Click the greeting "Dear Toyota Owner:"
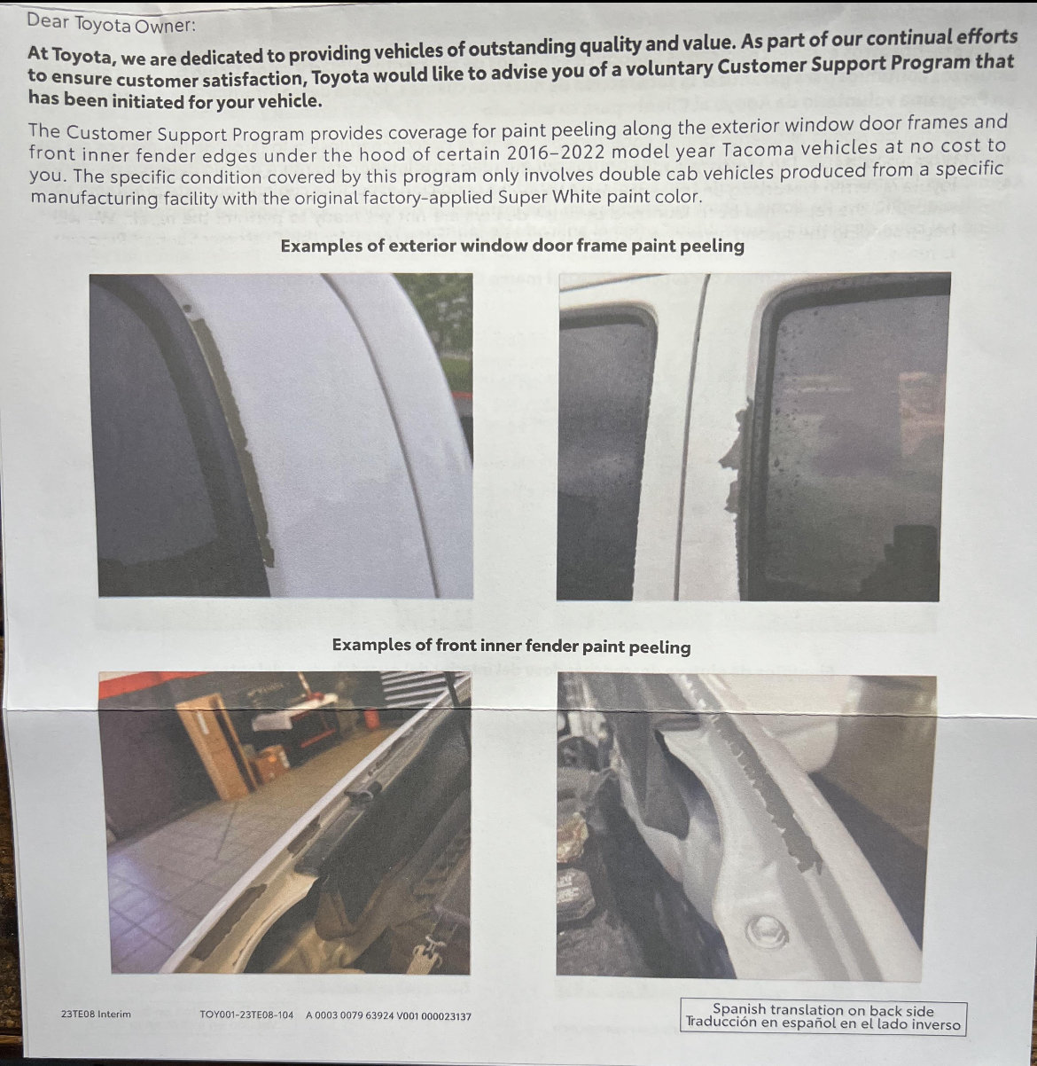(110, 24)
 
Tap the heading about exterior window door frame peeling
(512, 246)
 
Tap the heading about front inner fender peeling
(511, 646)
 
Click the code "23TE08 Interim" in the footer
(96, 1014)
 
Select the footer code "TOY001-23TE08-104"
(246, 1015)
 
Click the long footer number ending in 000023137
(388, 1015)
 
